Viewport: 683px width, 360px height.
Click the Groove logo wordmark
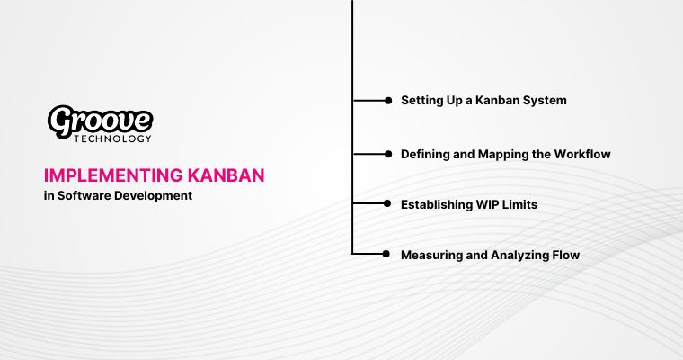(100, 121)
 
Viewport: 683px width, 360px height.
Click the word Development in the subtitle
(155, 195)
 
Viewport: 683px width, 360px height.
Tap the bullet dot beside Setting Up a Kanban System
(388, 101)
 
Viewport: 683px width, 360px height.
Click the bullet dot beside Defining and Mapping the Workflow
(388, 155)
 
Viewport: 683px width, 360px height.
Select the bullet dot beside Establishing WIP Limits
(388, 205)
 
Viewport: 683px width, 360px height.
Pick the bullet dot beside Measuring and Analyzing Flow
(388, 256)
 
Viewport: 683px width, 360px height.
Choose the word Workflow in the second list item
(583, 155)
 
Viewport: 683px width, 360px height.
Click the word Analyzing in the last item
(519, 256)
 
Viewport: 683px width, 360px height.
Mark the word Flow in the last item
(565, 256)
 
